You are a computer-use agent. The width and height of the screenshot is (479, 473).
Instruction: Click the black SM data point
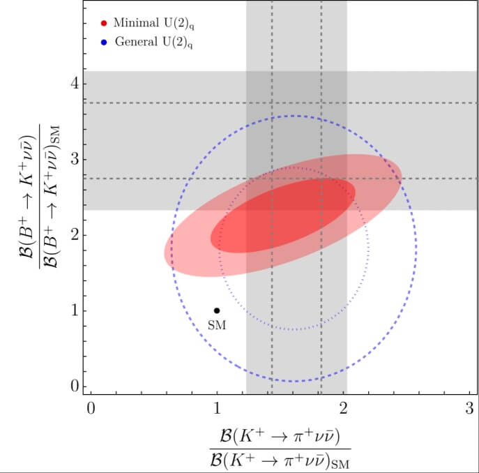click(x=217, y=310)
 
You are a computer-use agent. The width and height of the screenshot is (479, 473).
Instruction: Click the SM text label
click(x=217, y=325)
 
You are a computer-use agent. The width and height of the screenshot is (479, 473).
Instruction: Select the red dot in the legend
click(x=104, y=22)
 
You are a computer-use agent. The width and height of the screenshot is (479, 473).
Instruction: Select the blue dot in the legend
click(x=104, y=42)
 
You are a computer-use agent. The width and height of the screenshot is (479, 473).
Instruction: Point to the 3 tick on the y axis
click(x=72, y=159)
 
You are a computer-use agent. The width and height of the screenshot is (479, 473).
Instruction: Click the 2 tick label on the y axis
click(x=72, y=235)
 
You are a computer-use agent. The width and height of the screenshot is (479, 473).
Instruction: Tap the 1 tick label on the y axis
click(x=73, y=310)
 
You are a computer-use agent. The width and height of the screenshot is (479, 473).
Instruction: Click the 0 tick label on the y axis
click(x=72, y=386)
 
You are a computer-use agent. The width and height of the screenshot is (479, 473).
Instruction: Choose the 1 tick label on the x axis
click(x=217, y=409)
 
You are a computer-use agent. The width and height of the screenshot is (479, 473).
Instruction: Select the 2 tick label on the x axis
click(x=343, y=409)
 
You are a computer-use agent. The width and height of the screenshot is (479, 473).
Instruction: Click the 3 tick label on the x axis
click(x=469, y=409)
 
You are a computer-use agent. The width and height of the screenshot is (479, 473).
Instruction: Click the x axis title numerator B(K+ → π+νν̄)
click(x=280, y=438)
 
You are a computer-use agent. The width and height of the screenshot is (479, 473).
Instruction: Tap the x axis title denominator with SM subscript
click(x=280, y=460)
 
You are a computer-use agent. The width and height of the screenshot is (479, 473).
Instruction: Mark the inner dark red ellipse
click(x=283, y=215)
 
